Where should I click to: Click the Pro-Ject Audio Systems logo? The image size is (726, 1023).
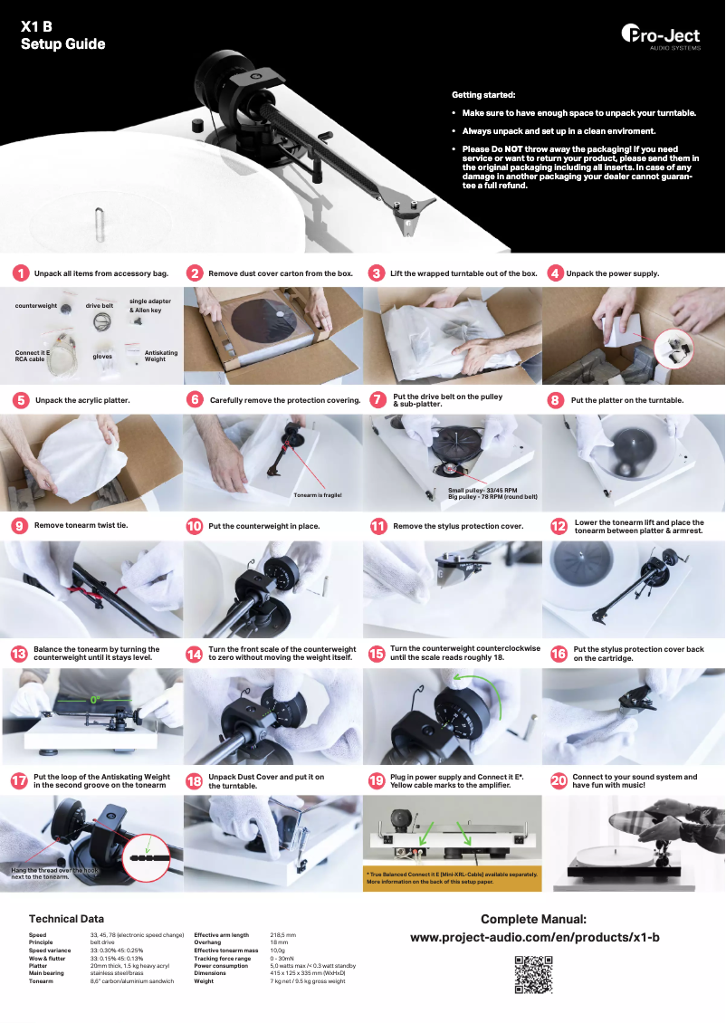[x=661, y=35]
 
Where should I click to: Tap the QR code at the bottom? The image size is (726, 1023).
[x=533, y=974]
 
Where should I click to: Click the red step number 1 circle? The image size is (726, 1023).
[x=20, y=272]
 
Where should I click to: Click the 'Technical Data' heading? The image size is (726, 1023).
[x=66, y=918]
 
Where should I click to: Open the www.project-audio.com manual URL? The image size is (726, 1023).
[x=534, y=937]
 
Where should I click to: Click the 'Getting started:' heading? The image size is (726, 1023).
[x=483, y=94]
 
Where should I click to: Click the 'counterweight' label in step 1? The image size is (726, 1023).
[x=35, y=306]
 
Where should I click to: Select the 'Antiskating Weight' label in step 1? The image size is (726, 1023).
[x=161, y=356]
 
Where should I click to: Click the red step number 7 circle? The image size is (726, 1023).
[x=378, y=400]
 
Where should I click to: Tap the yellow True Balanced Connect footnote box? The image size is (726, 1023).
[x=452, y=877]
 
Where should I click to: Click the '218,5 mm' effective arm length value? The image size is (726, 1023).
[x=282, y=934]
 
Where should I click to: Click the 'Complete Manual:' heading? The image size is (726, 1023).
[x=534, y=919]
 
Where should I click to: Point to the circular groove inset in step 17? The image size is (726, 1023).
[x=147, y=853]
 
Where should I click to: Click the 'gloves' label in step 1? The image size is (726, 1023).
[x=101, y=356]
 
